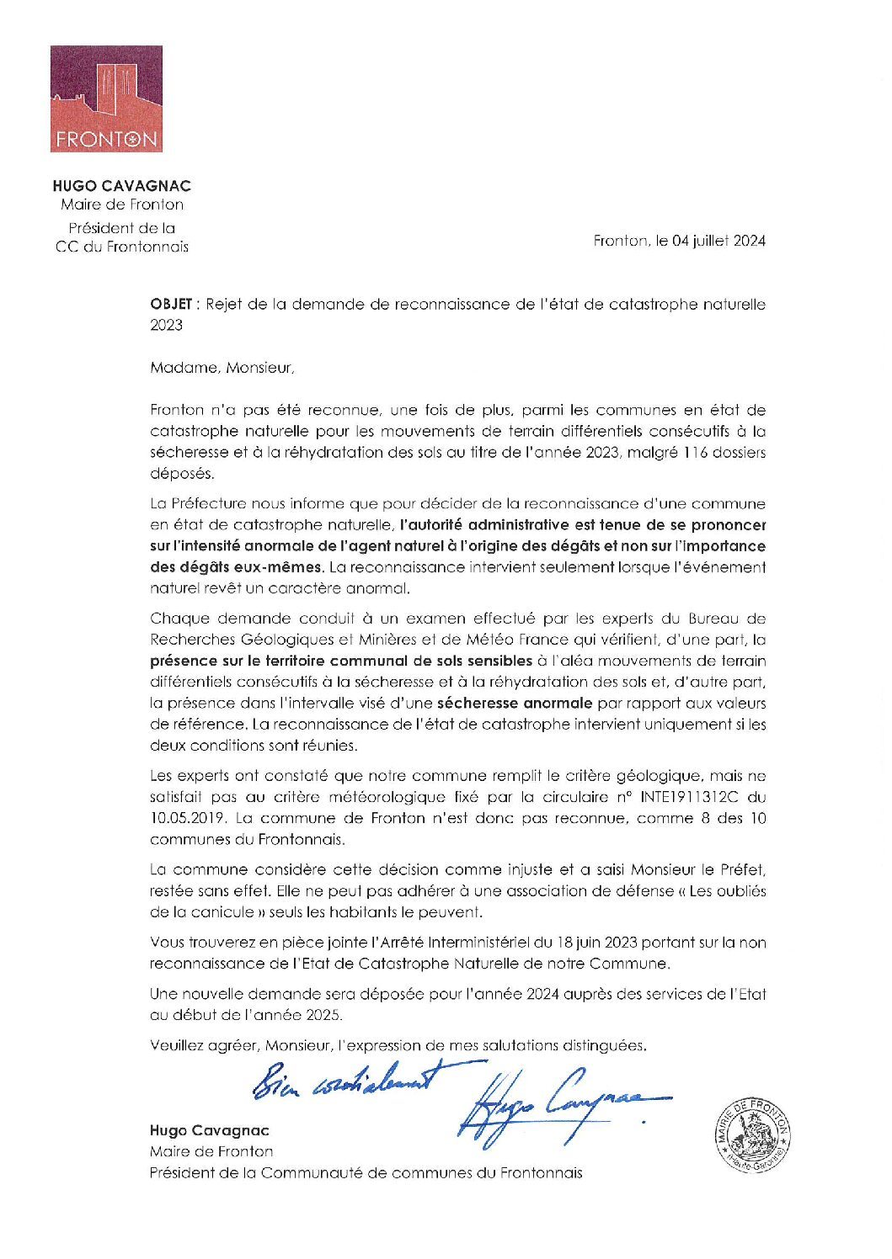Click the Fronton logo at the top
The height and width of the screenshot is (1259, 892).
point(106,99)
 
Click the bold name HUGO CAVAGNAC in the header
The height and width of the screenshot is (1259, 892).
point(121,186)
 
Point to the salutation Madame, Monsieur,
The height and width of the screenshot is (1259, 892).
point(223,368)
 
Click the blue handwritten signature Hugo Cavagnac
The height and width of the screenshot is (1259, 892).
point(560,1099)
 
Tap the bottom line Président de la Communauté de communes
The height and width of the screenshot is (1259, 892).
point(366,1172)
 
